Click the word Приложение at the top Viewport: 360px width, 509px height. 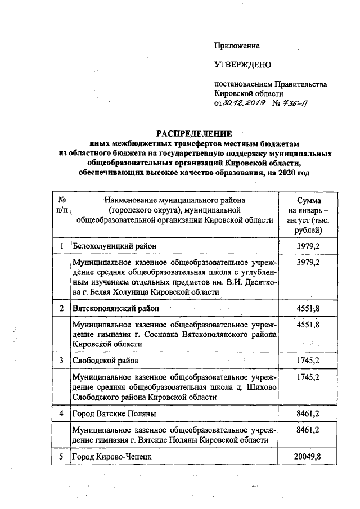coord(237,46)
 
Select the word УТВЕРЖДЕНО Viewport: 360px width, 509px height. coord(242,65)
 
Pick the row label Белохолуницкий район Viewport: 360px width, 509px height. coord(114,246)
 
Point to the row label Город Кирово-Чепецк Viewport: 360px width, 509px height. coord(111,456)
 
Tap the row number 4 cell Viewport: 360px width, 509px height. coord(61,413)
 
